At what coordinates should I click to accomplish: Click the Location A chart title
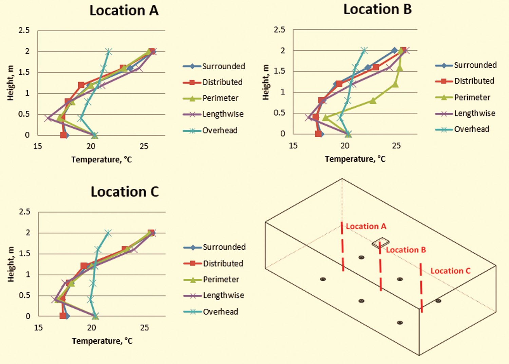click(124, 11)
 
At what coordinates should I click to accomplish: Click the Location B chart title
click(377, 9)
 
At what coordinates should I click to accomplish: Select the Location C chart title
click(125, 192)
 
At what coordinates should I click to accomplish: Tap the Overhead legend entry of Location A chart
click(220, 130)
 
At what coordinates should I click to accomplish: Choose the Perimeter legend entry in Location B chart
click(472, 97)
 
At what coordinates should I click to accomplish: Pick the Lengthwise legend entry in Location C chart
click(223, 295)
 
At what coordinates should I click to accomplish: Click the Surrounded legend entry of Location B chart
click(475, 65)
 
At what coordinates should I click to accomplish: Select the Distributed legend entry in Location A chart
click(222, 82)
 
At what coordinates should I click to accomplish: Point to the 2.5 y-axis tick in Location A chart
click(24, 31)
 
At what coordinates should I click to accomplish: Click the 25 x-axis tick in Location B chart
click(396, 146)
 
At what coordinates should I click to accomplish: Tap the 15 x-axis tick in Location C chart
click(38, 328)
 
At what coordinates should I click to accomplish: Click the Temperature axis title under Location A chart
click(101, 160)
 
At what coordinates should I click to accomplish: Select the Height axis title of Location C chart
click(11, 264)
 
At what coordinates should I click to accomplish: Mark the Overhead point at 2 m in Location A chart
click(109, 52)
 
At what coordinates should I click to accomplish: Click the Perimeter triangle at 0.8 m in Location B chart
click(373, 101)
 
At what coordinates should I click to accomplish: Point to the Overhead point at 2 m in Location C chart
click(108, 233)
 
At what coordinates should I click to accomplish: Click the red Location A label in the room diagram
click(366, 226)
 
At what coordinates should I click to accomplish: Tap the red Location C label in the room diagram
click(450, 271)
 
